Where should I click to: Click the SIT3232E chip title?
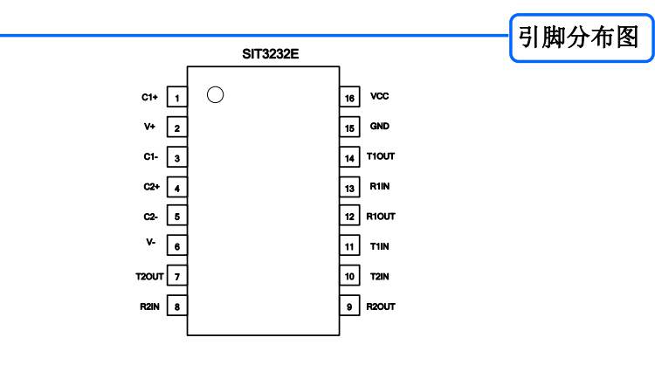click(270, 54)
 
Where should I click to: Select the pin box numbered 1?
click(177, 97)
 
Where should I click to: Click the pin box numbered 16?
click(349, 97)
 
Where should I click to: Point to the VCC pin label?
click(379, 96)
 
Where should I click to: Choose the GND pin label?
click(379, 126)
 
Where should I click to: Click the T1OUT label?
click(381, 156)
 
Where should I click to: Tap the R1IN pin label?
click(379, 186)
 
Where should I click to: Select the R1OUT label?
click(381, 217)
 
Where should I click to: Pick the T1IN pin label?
click(379, 246)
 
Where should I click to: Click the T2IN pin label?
click(379, 277)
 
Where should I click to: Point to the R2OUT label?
click(381, 307)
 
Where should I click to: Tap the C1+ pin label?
click(149, 97)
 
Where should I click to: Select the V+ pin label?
click(149, 127)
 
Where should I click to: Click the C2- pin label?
click(150, 217)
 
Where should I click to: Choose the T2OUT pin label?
click(149, 277)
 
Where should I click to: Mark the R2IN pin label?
click(149, 307)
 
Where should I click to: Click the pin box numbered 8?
click(177, 306)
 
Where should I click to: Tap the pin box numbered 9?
click(349, 306)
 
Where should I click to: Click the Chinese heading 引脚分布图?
click(578, 38)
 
